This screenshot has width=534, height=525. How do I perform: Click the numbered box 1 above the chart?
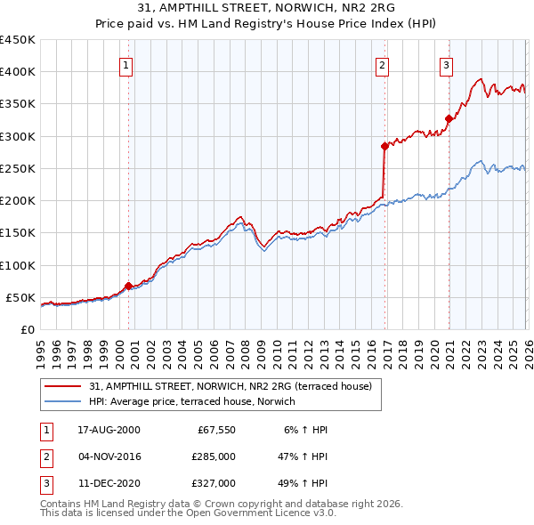pos(126,65)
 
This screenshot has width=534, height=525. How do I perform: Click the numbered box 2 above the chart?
pos(382,65)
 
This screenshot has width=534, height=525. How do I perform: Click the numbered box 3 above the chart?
pos(446,65)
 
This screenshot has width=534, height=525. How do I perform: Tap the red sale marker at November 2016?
pos(384,146)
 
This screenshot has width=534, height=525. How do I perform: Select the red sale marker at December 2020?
pos(449,118)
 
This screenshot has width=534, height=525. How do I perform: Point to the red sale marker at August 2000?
pos(129,286)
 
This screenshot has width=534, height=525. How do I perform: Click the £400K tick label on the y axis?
pos(18,72)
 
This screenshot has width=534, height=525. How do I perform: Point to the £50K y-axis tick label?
pos(21,297)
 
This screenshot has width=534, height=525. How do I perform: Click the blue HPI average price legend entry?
pos(191,401)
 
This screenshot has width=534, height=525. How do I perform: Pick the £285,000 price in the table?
pos(214,456)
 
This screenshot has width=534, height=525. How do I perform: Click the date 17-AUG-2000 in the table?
pos(109,430)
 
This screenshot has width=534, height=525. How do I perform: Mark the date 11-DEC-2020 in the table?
pos(109,483)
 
